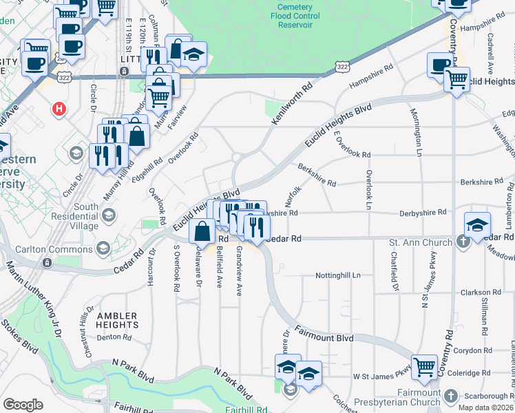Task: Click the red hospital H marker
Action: click(60, 109)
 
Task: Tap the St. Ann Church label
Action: click(420, 242)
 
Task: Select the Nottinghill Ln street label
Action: click(338, 275)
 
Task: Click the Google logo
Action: click(23, 405)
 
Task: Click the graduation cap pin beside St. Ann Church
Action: click(476, 224)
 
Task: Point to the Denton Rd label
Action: click(114, 337)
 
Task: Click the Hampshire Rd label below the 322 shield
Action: click(371, 76)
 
